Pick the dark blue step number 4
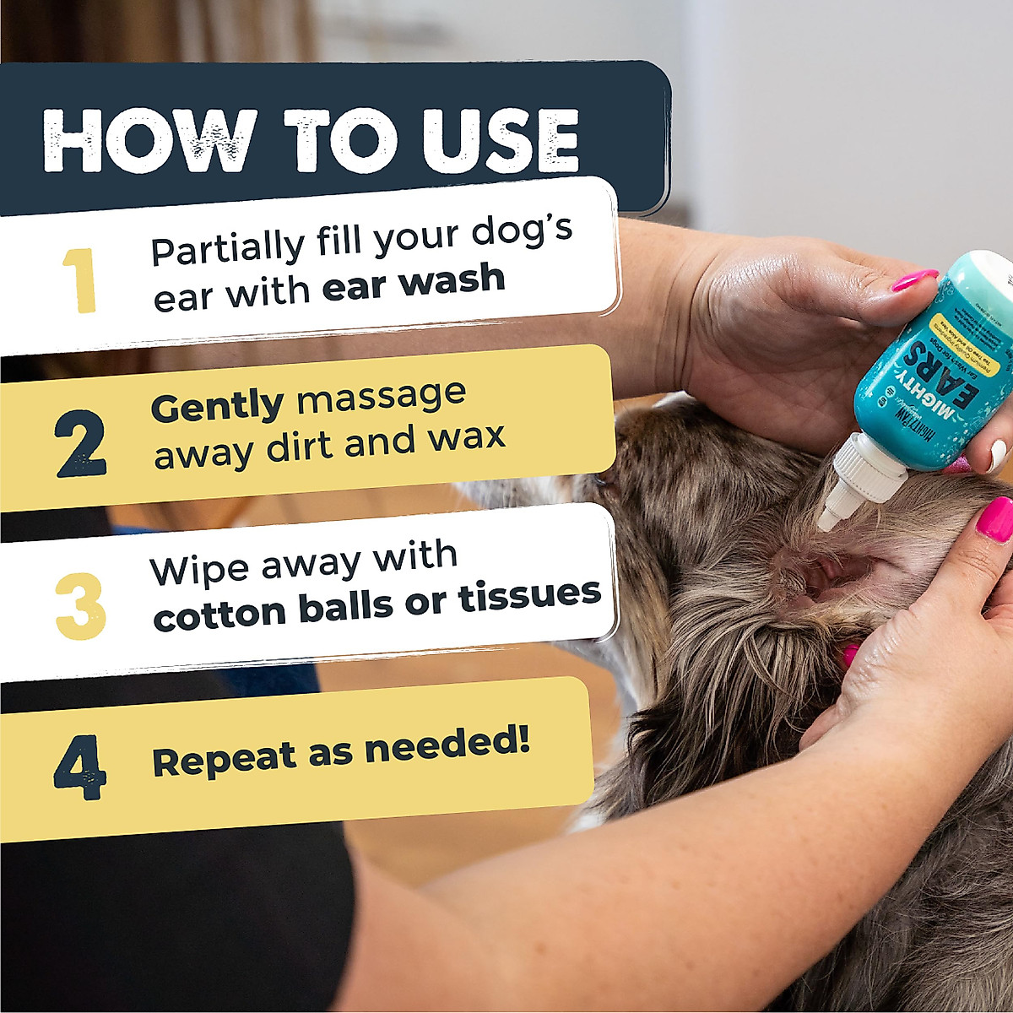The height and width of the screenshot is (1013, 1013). [x=80, y=767]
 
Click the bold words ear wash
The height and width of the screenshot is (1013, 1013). [x=414, y=283]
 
